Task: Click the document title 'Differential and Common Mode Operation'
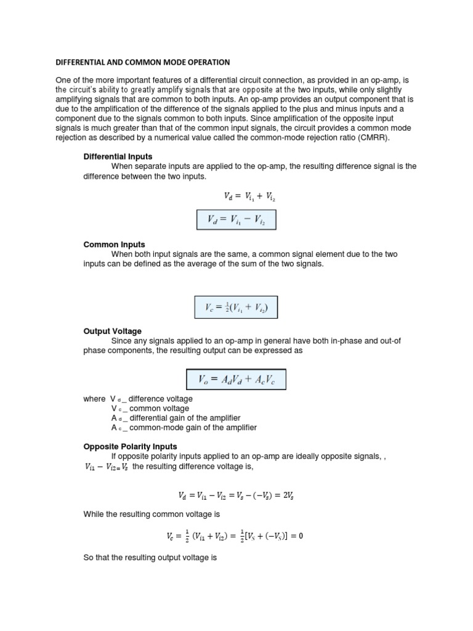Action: coord(143,62)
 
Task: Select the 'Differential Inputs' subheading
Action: coord(118,157)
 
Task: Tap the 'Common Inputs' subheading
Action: coord(114,245)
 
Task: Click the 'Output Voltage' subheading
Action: coord(112,332)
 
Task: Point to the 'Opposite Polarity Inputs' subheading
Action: coord(130,446)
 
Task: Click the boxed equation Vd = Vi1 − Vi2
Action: coord(236,220)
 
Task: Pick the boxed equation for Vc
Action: coord(236,306)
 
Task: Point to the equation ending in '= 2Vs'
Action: coord(236,495)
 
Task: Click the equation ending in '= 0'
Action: coord(236,536)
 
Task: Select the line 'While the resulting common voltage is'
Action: coord(152,514)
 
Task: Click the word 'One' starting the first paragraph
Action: coord(64,80)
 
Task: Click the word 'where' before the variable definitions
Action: coord(94,399)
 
